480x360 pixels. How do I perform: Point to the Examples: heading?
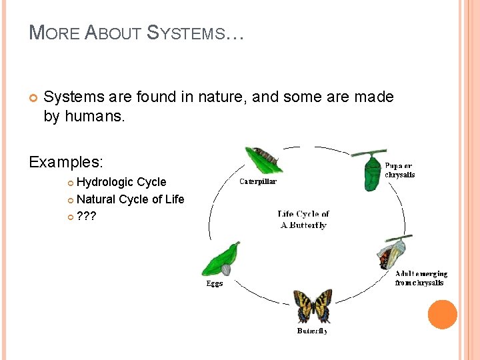tap(66, 162)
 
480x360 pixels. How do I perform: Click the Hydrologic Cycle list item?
tap(121, 182)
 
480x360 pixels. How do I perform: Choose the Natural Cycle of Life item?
tap(130, 199)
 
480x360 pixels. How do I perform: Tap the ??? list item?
tap(87, 216)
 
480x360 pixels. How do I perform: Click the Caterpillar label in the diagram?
tap(258, 181)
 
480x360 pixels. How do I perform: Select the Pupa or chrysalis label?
tap(399, 170)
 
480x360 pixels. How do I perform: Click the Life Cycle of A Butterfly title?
tap(303, 219)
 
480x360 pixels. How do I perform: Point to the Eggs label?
tap(214, 283)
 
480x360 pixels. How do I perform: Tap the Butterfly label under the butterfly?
tap(312, 331)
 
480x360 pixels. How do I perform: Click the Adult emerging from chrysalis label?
tap(420, 278)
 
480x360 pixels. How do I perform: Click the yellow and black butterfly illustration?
tap(313, 306)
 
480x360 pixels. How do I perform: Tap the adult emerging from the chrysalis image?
tap(393, 253)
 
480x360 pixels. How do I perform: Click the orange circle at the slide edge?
tap(442, 315)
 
